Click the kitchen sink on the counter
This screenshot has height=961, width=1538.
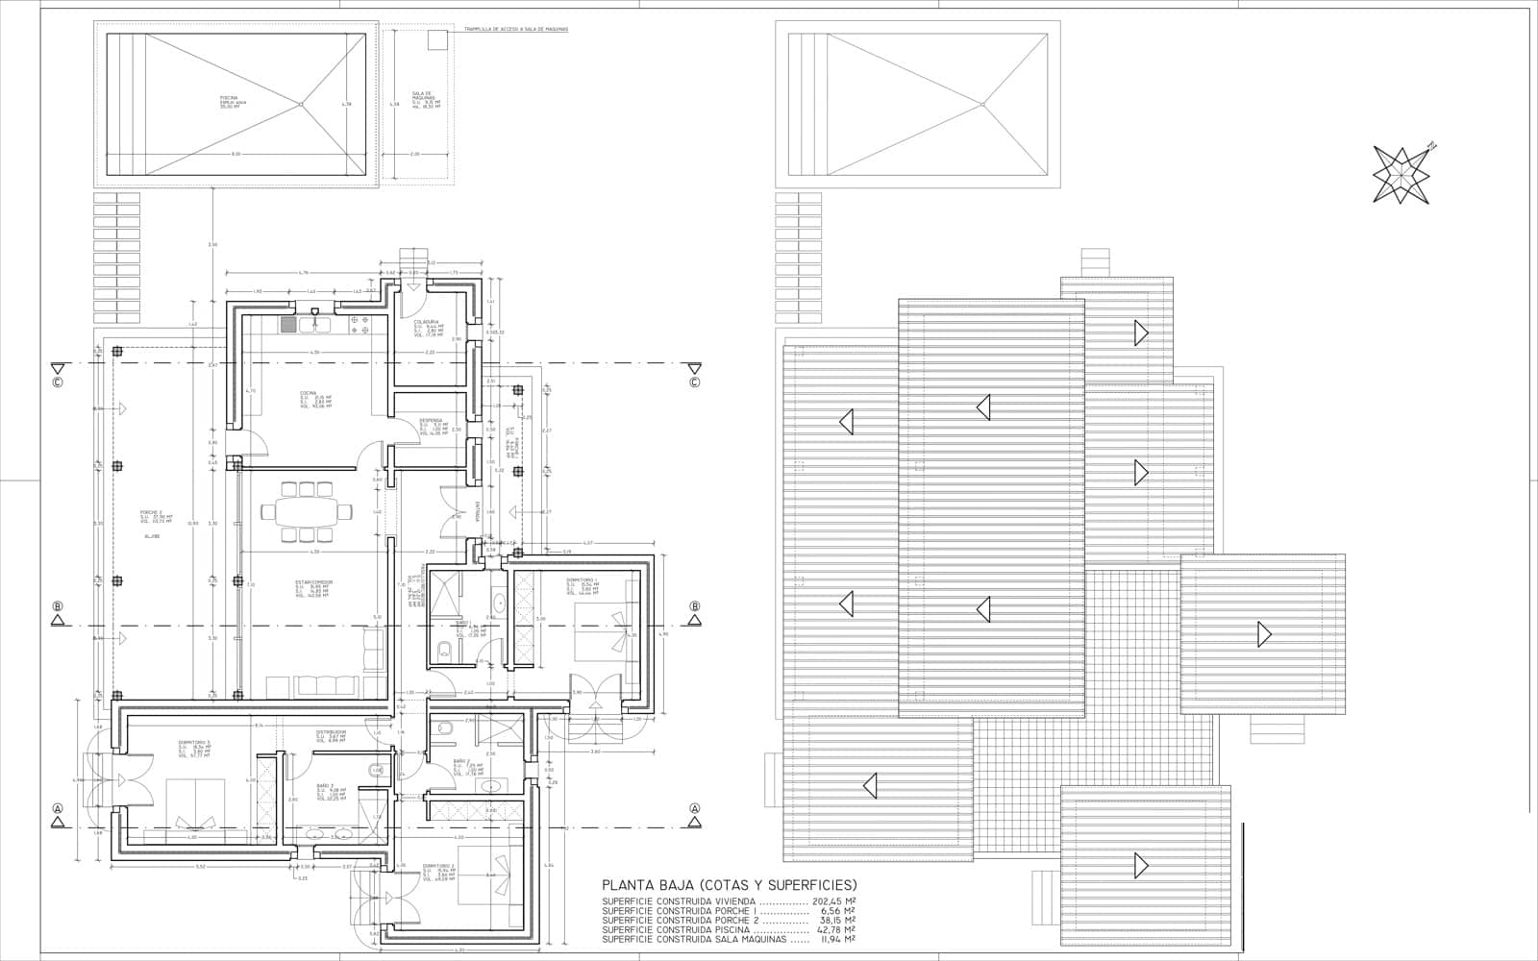314,325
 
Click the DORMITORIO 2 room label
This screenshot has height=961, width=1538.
437,866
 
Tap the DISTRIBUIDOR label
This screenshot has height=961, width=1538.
331,733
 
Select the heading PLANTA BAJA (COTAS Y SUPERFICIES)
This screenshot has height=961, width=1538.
729,885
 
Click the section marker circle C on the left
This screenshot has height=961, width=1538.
58,382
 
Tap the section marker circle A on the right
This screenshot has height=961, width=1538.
694,808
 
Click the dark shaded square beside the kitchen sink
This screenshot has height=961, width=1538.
288,325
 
